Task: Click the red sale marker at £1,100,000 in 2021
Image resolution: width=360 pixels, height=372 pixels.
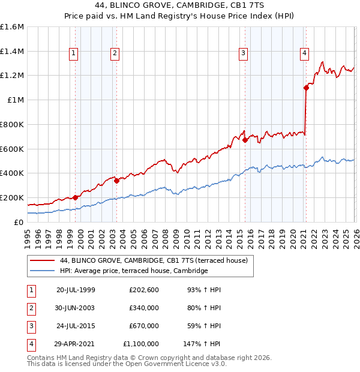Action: [x=306, y=88]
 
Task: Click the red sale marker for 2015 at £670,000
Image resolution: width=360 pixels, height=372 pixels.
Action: [x=245, y=140]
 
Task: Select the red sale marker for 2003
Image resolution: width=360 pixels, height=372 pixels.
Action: [x=116, y=181]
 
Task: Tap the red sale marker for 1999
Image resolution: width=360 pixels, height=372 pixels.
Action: [x=75, y=197]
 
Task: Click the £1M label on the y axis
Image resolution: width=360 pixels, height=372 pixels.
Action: [x=15, y=100]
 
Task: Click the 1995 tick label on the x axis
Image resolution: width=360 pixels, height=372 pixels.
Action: [x=28, y=233]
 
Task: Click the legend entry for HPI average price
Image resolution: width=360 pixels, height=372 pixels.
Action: [x=134, y=271]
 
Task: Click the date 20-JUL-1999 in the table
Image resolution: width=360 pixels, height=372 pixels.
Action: [x=76, y=290]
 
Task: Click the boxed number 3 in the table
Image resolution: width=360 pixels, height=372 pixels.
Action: [x=31, y=326]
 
